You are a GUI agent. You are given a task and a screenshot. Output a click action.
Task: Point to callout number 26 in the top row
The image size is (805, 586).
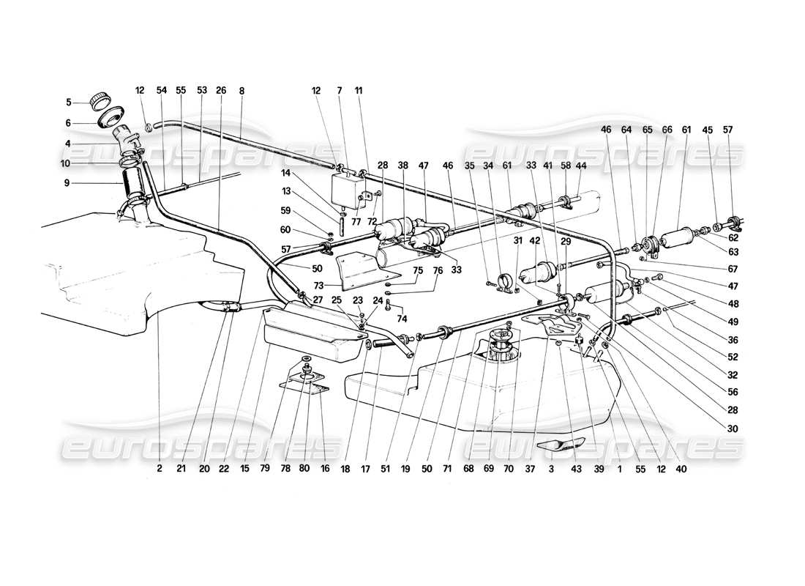(221, 91)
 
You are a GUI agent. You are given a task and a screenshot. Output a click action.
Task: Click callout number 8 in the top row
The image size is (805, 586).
(241, 91)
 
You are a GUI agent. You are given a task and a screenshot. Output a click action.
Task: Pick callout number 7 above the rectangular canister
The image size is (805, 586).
(340, 91)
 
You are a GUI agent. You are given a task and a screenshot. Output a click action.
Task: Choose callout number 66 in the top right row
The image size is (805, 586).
(667, 130)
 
